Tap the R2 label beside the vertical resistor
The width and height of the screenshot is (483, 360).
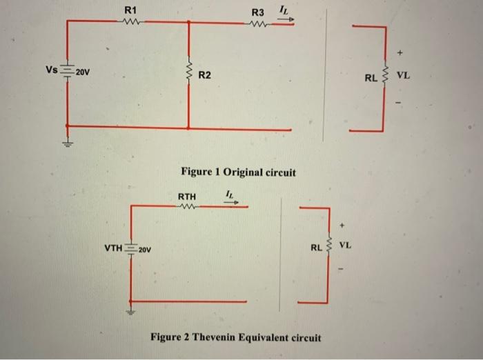pyautogui.click(x=205, y=74)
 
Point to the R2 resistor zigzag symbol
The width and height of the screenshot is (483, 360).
pyautogui.click(x=188, y=70)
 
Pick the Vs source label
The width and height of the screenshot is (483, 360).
pyautogui.click(x=52, y=70)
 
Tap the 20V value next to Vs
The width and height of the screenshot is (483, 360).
pyautogui.click(x=82, y=72)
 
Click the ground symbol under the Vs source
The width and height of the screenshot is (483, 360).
pyautogui.click(x=67, y=144)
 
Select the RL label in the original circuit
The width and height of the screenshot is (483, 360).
pyautogui.click(x=371, y=78)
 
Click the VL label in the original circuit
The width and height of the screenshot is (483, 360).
pyautogui.click(x=404, y=76)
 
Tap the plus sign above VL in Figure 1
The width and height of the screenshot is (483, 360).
pyautogui.click(x=399, y=52)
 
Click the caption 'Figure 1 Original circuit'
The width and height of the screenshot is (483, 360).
pyautogui.click(x=237, y=172)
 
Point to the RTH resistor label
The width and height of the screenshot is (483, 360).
pyautogui.click(x=187, y=197)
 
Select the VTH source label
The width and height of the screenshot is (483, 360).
pyautogui.click(x=113, y=247)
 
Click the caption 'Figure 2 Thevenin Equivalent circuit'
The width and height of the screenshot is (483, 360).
pyautogui.click(x=235, y=337)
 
